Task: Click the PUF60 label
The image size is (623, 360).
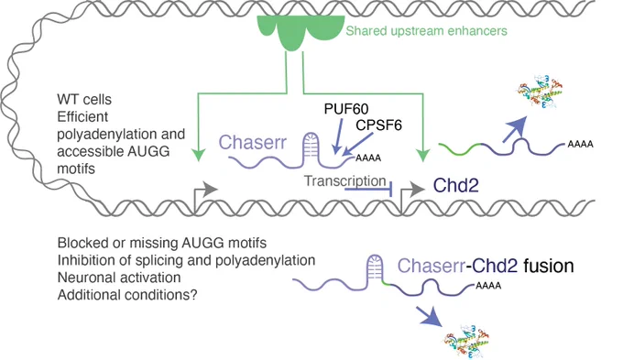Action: point(346,108)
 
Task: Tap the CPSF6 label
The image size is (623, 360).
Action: point(378,125)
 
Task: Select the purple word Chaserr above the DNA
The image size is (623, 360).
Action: point(252,142)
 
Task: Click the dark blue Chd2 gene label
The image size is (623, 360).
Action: point(455,185)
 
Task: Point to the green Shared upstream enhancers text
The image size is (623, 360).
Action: point(426,30)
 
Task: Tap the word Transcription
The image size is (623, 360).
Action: point(344,180)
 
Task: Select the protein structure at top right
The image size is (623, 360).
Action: point(540,93)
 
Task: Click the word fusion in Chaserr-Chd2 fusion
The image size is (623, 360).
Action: point(548,266)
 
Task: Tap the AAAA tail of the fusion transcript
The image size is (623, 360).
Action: point(488,285)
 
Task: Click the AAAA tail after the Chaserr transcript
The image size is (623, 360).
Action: point(368,158)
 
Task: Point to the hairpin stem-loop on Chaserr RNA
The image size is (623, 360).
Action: point(311,149)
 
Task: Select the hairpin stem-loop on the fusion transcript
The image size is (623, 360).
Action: point(374,270)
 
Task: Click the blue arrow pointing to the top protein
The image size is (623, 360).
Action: point(515,129)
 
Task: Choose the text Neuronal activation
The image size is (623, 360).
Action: point(119,277)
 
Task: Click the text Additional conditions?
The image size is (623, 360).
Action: point(127,294)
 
